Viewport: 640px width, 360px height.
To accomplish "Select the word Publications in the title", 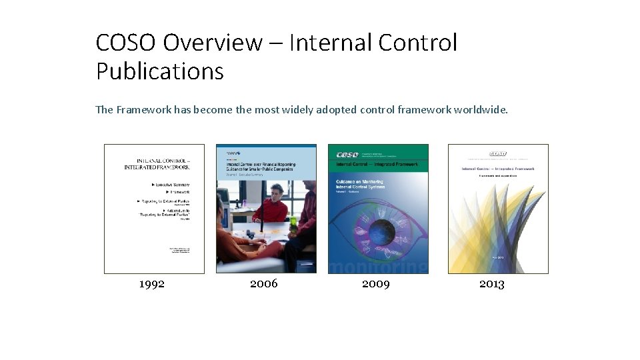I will click(x=159, y=71).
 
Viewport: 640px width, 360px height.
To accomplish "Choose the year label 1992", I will click(x=152, y=284).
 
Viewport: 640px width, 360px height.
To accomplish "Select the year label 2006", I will click(x=264, y=284).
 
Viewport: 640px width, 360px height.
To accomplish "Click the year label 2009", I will click(x=376, y=284).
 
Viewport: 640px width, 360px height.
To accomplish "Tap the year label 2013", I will click(x=492, y=284).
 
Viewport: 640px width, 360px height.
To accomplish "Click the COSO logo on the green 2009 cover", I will click(x=348, y=154).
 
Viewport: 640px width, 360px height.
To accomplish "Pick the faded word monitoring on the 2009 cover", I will click(x=378, y=267).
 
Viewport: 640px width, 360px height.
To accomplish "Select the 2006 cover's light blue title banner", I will click(x=266, y=164).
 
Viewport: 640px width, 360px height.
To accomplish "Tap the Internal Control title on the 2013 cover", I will click(x=498, y=169).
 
